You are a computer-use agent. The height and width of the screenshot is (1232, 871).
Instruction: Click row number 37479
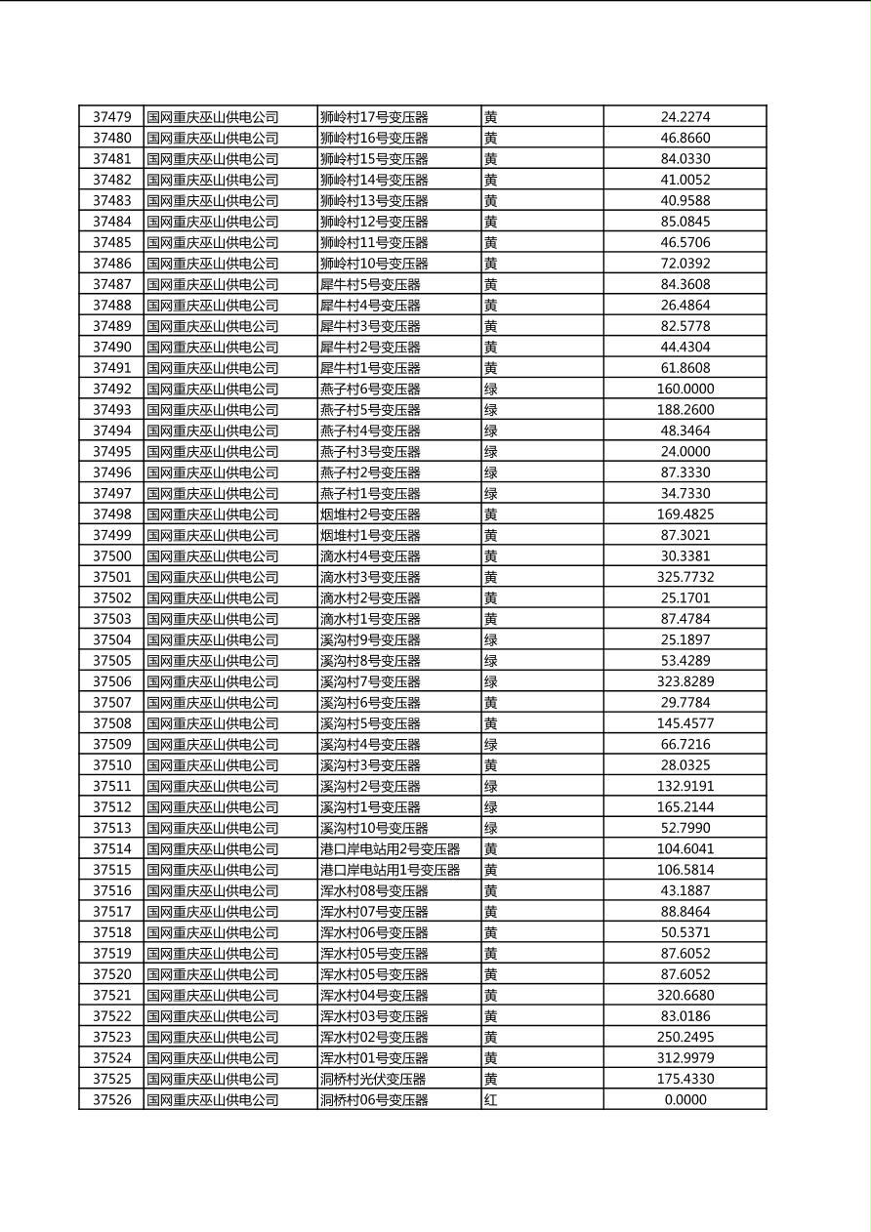coord(111,117)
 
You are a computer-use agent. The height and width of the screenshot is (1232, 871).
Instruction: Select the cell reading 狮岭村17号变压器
coord(374,117)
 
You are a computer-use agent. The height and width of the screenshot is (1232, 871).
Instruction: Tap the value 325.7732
coord(684,577)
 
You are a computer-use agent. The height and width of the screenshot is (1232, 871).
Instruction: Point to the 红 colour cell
coord(491,1099)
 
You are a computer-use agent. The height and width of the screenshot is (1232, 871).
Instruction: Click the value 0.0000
coord(684,1099)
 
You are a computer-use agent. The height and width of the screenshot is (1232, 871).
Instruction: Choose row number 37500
coord(111,556)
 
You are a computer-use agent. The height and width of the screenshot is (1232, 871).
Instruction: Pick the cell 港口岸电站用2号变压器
coord(390,849)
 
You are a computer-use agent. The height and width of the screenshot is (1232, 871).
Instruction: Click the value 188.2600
coord(684,410)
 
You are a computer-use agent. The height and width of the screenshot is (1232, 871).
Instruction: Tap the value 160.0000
coord(684,389)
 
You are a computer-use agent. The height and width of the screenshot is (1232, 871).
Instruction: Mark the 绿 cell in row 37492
coord(491,389)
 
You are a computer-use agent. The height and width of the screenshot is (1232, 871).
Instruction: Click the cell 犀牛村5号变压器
coord(370,284)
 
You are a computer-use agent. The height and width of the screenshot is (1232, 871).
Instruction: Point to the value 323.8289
coord(684,681)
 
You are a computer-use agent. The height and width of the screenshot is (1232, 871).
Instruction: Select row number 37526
coord(111,1099)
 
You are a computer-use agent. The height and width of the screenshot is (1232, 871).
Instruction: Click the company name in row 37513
coord(212,828)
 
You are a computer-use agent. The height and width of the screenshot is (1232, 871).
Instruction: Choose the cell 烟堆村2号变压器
coord(370,514)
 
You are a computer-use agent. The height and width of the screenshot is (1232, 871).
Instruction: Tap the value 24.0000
coord(684,452)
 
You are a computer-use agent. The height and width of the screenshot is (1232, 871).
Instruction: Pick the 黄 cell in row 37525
coord(491,1079)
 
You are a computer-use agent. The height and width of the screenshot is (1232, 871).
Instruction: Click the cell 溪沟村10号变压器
coord(374,828)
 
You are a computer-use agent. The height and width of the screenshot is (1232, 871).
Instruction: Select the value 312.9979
coord(684,1058)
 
